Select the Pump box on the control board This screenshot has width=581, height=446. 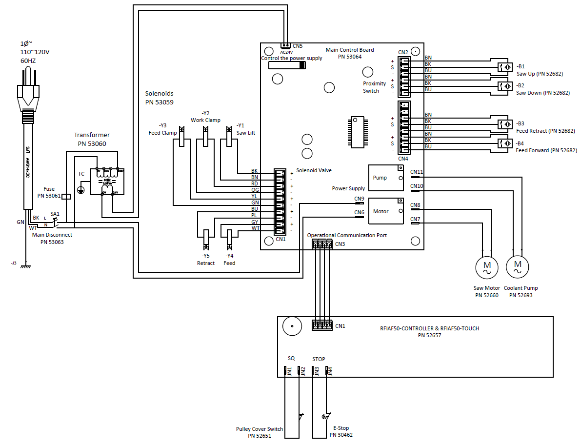click(x=386, y=178)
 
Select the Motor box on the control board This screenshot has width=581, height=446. click(x=386, y=211)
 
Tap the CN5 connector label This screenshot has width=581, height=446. click(x=297, y=46)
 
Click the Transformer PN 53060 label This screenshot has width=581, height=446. click(x=92, y=139)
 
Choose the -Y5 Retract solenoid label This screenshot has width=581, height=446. click(x=206, y=259)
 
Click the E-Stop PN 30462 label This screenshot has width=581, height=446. click(x=341, y=431)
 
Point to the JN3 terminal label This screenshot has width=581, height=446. click(x=317, y=371)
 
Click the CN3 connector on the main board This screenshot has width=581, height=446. click(x=322, y=244)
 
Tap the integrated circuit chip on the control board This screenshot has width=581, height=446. click(x=359, y=132)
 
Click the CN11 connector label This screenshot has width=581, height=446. click(x=417, y=172)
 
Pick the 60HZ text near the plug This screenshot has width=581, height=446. click(x=28, y=61)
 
